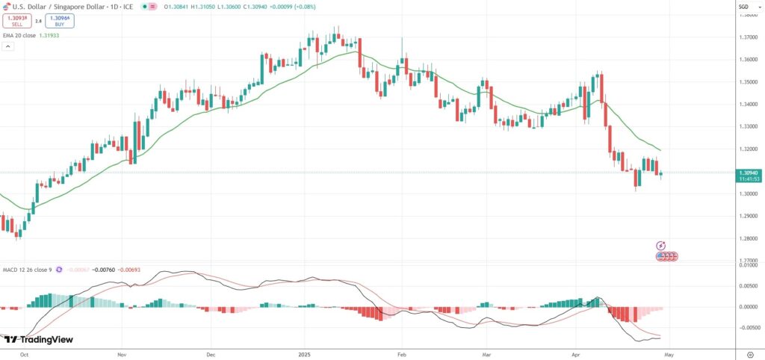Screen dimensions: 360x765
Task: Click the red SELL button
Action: pos(16,22)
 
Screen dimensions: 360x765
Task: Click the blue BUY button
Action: pos(59,22)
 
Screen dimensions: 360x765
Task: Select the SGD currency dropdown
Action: pos(743,7)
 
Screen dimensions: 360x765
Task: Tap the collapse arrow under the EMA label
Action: pos(8,46)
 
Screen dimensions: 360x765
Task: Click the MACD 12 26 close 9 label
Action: pos(27,269)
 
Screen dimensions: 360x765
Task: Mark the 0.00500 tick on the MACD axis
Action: pos(748,286)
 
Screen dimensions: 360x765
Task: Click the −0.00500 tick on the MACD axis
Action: pos(748,327)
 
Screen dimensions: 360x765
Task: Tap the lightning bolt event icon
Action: pos(660,245)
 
